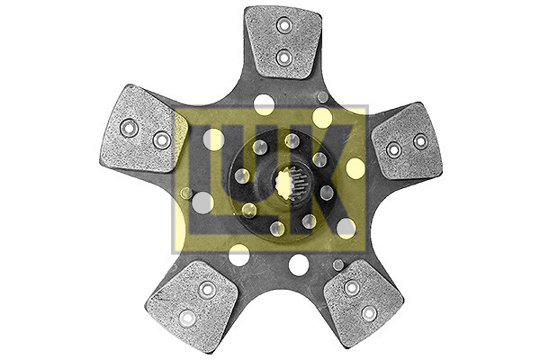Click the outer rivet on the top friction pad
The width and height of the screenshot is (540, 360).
click(284, 25)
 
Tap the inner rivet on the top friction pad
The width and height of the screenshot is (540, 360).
click(284, 58)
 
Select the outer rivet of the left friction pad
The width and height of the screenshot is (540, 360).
click(129, 128)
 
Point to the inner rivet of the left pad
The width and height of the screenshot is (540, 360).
click(161, 139)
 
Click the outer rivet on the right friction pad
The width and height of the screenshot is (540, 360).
click(420, 141)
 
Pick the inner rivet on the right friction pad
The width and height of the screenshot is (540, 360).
click(393, 150)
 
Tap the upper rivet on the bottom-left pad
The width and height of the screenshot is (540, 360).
click(207, 290)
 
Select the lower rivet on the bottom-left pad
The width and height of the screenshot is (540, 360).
click(187, 318)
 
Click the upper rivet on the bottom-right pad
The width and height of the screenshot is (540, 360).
click(352, 288)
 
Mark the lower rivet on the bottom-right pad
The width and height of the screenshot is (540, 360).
click(369, 313)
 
